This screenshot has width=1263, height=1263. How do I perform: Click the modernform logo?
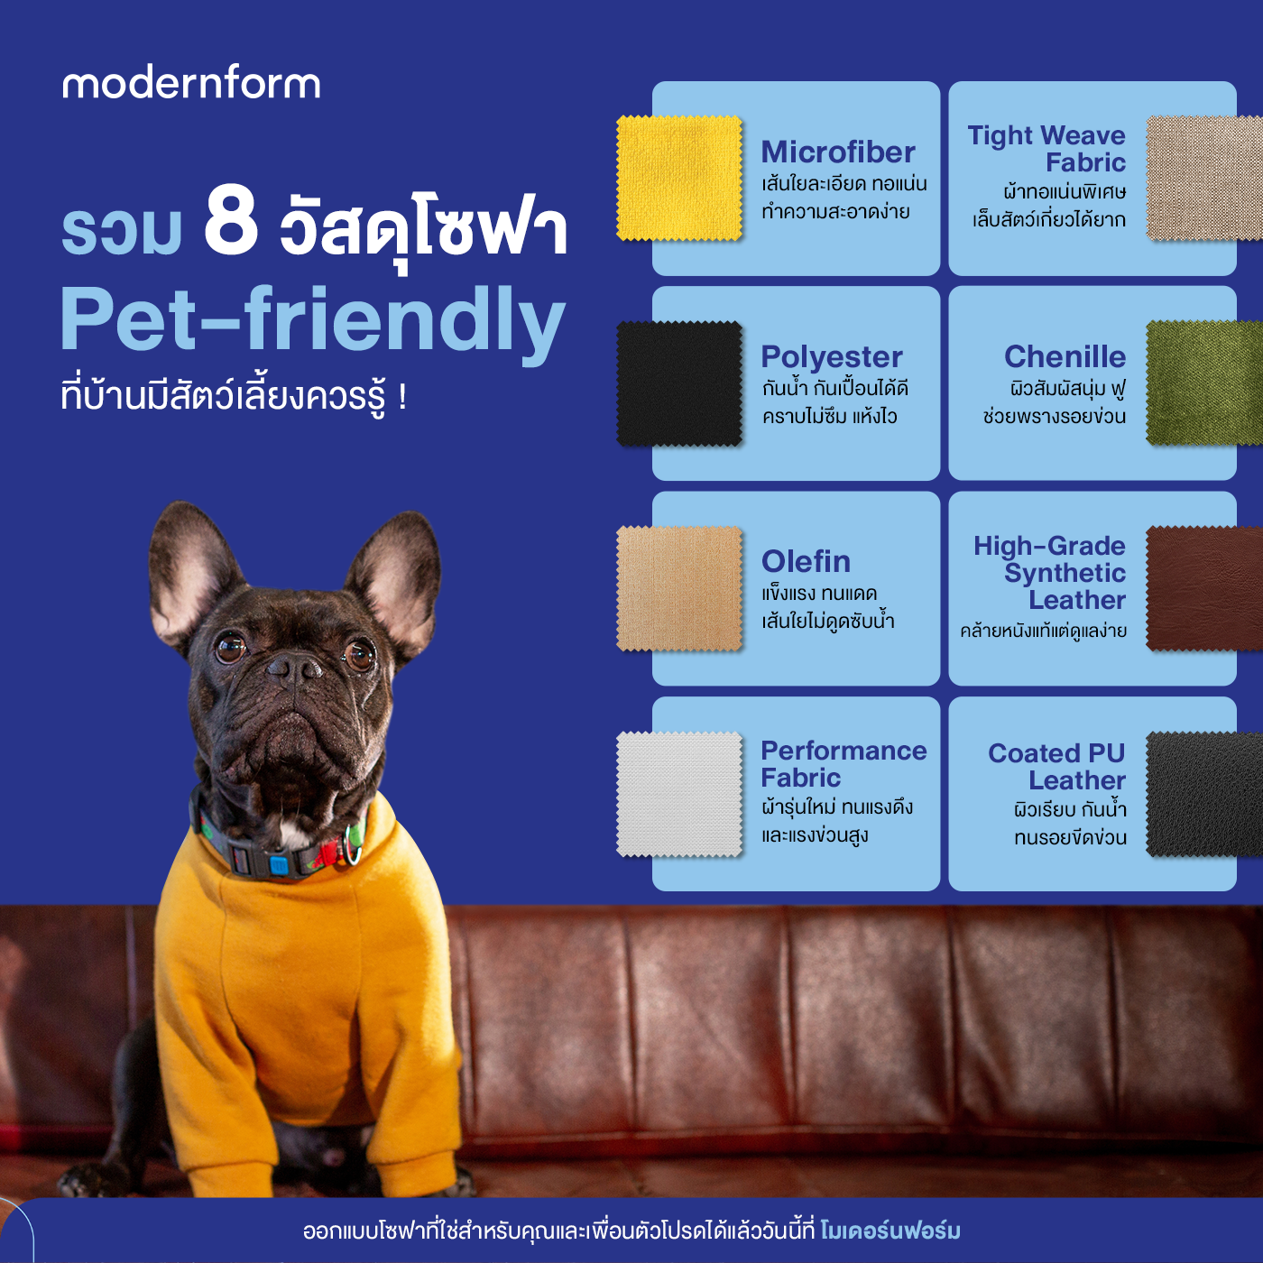click(191, 83)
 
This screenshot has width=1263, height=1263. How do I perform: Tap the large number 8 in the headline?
click(231, 220)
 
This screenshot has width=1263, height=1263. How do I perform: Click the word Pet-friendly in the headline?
click(312, 319)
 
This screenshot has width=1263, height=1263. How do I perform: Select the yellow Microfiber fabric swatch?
click(679, 179)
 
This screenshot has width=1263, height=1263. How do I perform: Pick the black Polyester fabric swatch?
click(679, 383)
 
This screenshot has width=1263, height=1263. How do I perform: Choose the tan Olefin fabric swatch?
click(679, 588)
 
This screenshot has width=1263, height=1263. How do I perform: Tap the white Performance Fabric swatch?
click(679, 794)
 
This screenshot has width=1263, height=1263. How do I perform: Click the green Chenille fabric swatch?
click(1203, 383)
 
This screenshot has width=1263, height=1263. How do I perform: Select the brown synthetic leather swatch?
click(1203, 588)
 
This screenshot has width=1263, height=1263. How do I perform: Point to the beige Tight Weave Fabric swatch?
click(1203, 179)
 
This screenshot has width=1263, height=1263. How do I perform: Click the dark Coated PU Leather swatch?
click(1203, 794)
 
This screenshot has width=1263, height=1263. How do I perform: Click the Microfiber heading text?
click(838, 152)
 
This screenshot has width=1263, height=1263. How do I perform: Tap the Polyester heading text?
click(832, 356)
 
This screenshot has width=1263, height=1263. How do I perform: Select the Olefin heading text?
click(806, 561)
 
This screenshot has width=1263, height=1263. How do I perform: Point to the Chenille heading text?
click(1065, 356)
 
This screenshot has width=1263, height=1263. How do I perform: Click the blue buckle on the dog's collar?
click(279, 865)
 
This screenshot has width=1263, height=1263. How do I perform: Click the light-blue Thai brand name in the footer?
click(890, 1231)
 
